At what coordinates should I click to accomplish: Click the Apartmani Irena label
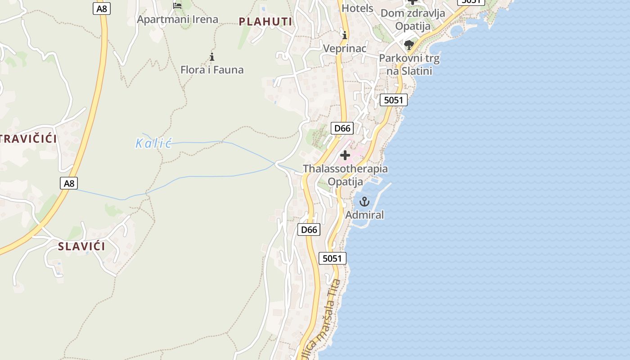tap(177, 19)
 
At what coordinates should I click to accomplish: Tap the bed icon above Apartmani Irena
tap(177, 5)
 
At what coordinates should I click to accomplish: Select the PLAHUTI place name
tap(265, 21)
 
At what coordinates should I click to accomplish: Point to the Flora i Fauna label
tap(212, 70)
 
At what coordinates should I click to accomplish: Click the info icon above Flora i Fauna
tap(212, 57)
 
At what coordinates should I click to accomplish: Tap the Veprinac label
tap(345, 48)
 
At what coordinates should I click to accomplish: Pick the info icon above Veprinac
tap(345, 35)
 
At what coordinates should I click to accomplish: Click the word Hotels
tap(357, 8)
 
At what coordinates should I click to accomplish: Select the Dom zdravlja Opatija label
tap(413, 19)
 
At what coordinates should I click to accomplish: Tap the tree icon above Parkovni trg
tap(409, 45)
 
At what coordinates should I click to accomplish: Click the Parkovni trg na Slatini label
tap(409, 64)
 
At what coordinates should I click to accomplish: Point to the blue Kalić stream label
tap(154, 144)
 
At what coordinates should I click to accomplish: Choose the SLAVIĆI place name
tap(81, 246)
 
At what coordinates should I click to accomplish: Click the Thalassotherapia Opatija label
tap(345, 175)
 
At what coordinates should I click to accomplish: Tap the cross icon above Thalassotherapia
tap(345, 156)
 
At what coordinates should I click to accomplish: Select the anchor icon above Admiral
tap(364, 202)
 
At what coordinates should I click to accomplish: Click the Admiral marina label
tap(364, 215)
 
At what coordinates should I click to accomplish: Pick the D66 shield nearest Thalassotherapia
tap(342, 128)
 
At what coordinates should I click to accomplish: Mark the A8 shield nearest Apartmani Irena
tap(102, 9)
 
